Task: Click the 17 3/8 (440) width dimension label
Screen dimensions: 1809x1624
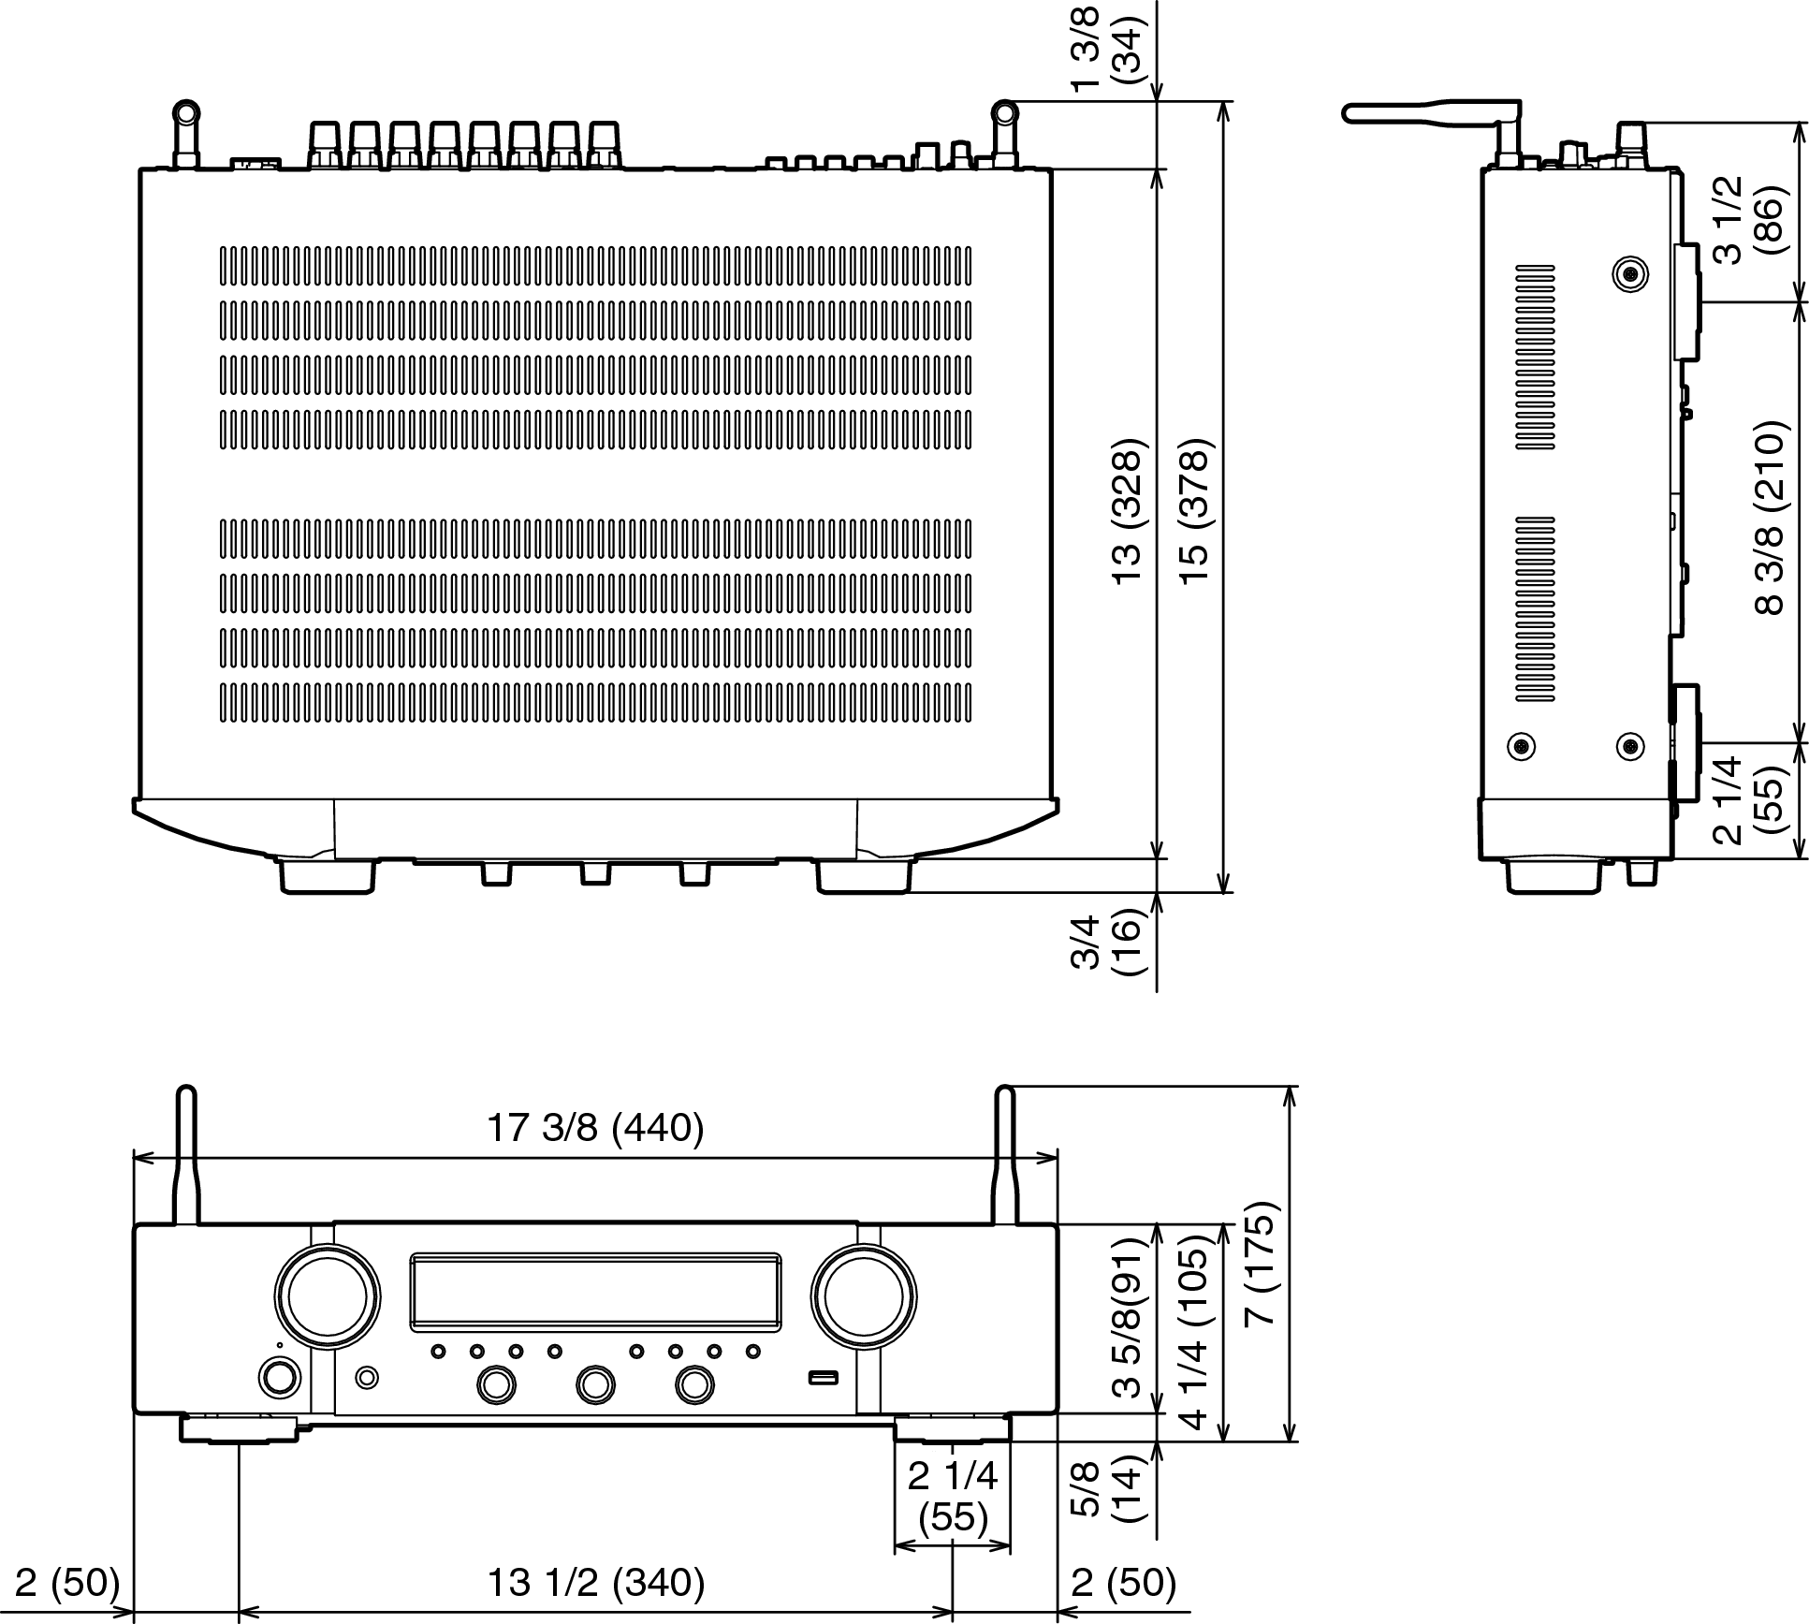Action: coord(594,1128)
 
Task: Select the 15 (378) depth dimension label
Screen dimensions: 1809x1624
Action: coord(1196,512)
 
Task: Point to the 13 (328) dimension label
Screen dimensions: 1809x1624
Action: coord(1128,512)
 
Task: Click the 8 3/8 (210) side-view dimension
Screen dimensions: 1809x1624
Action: coord(1770,518)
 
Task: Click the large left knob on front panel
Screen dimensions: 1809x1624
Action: coord(328,1296)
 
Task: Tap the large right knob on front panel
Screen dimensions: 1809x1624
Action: coord(864,1296)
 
